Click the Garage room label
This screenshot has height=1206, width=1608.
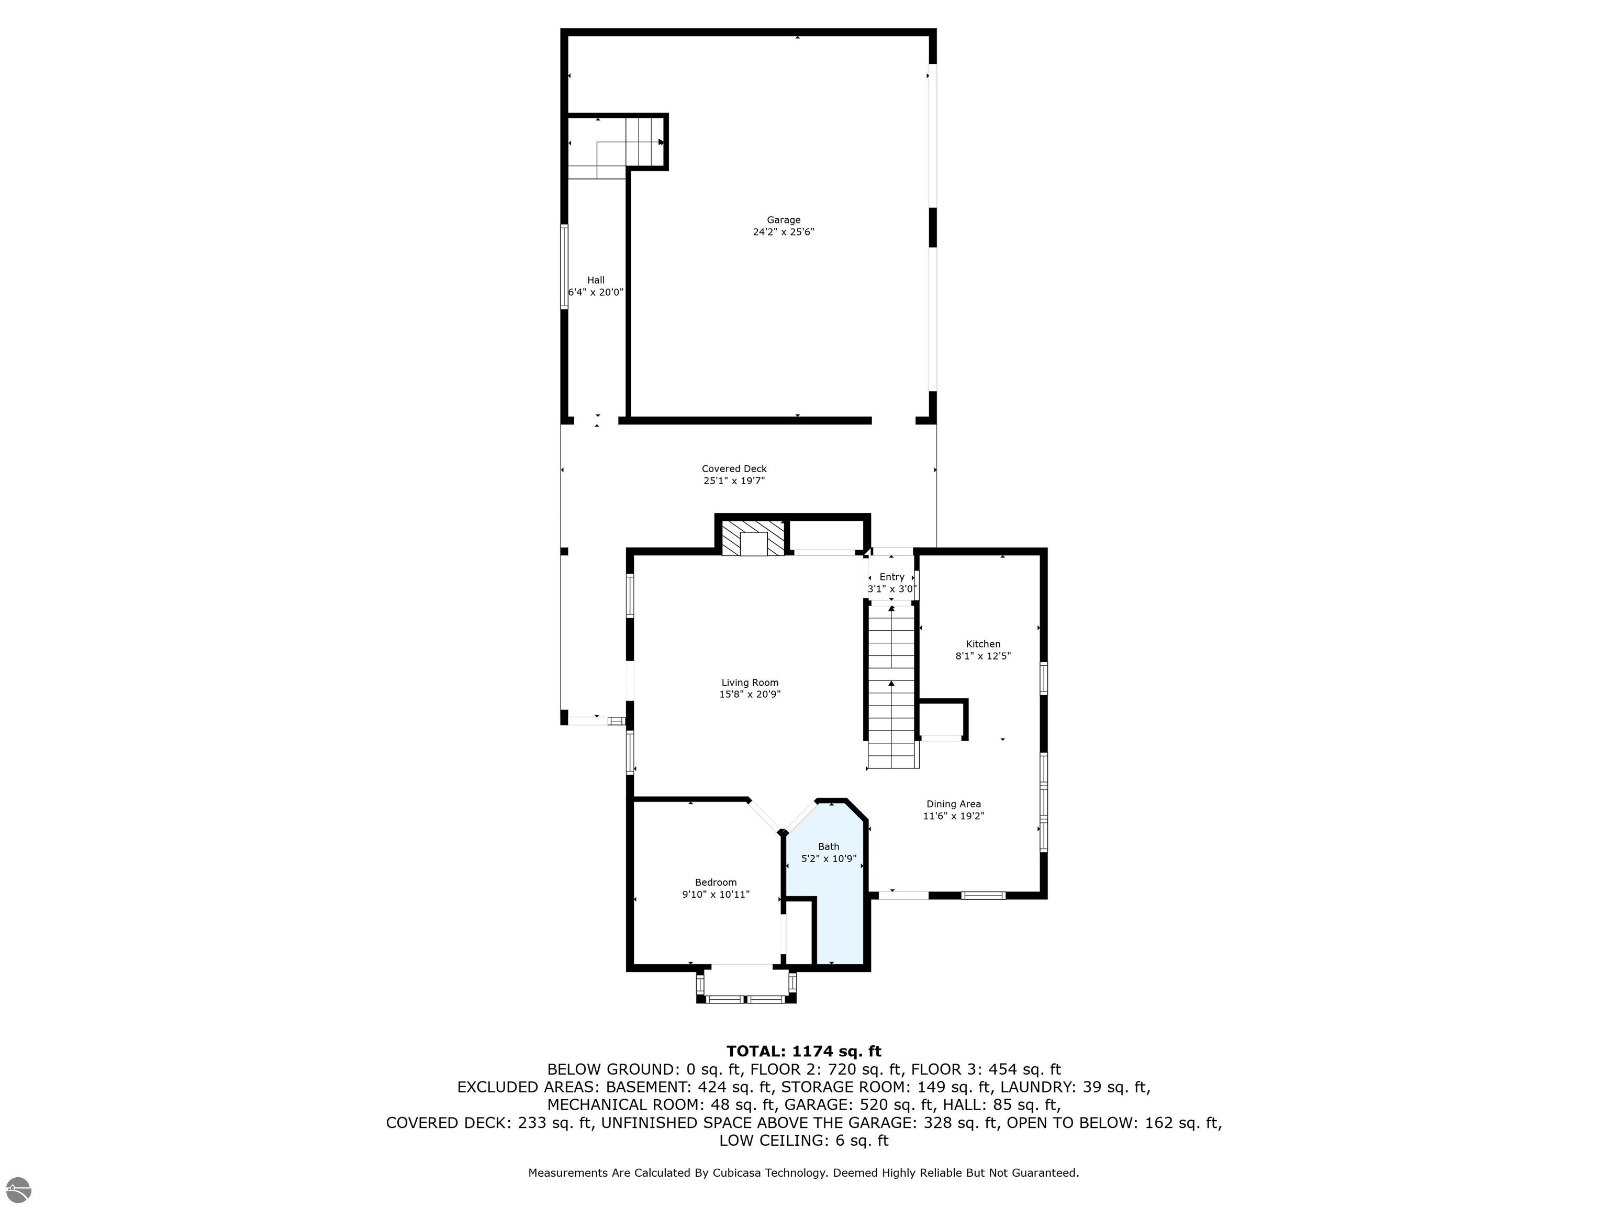[783, 219]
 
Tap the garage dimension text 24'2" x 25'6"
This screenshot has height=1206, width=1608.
[783, 232]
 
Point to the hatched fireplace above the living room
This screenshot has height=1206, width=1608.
[754, 539]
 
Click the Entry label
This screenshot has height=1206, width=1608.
[892, 576]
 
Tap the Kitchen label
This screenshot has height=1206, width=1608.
[983, 643]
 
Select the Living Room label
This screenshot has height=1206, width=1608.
[750, 682]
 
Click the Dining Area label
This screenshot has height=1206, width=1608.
[953, 804]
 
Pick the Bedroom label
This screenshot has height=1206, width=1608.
[716, 883]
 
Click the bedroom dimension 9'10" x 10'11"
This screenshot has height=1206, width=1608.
[716, 895]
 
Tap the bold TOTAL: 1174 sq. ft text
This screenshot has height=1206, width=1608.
[803, 1051]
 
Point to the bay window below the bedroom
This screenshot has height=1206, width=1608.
[746, 986]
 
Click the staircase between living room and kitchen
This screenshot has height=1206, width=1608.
[892, 686]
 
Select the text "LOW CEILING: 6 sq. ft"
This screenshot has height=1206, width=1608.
[803, 1141]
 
